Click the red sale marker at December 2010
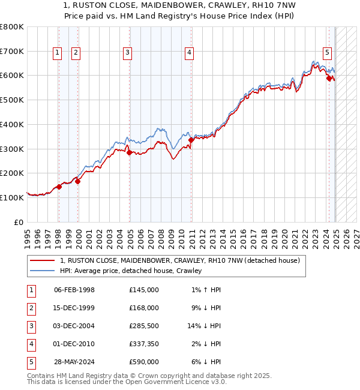[191, 140]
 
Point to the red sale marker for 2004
[130, 152]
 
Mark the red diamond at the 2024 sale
[329, 77]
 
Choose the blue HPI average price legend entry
[130, 271]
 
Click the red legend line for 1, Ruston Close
[43, 260]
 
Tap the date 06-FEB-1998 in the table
[74, 290]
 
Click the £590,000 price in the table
[143, 362]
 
